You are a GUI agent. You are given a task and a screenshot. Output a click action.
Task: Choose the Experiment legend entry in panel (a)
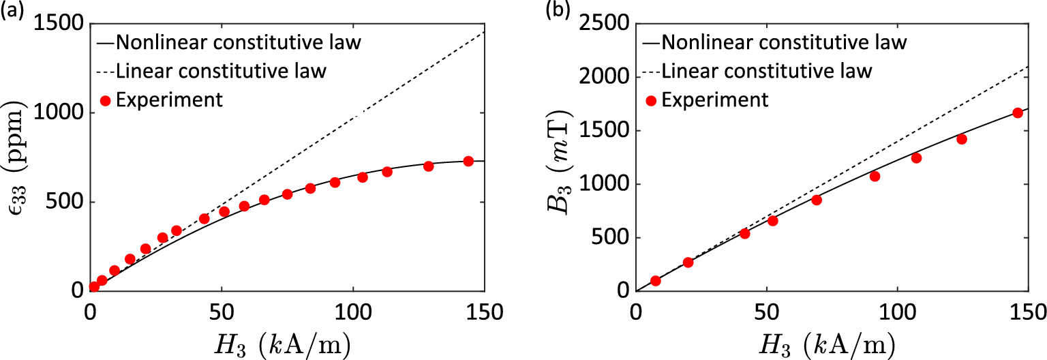pos(169,100)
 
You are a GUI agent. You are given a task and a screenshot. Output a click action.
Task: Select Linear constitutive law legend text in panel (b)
pos(767,71)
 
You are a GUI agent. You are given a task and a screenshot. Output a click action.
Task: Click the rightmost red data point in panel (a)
pos(468,161)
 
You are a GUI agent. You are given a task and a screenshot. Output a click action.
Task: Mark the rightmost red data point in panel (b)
pos(1018,113)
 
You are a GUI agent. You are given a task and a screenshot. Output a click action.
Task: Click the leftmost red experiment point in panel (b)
pos(656,281)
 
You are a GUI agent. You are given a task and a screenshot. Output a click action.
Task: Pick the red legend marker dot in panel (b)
pos(651,100)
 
